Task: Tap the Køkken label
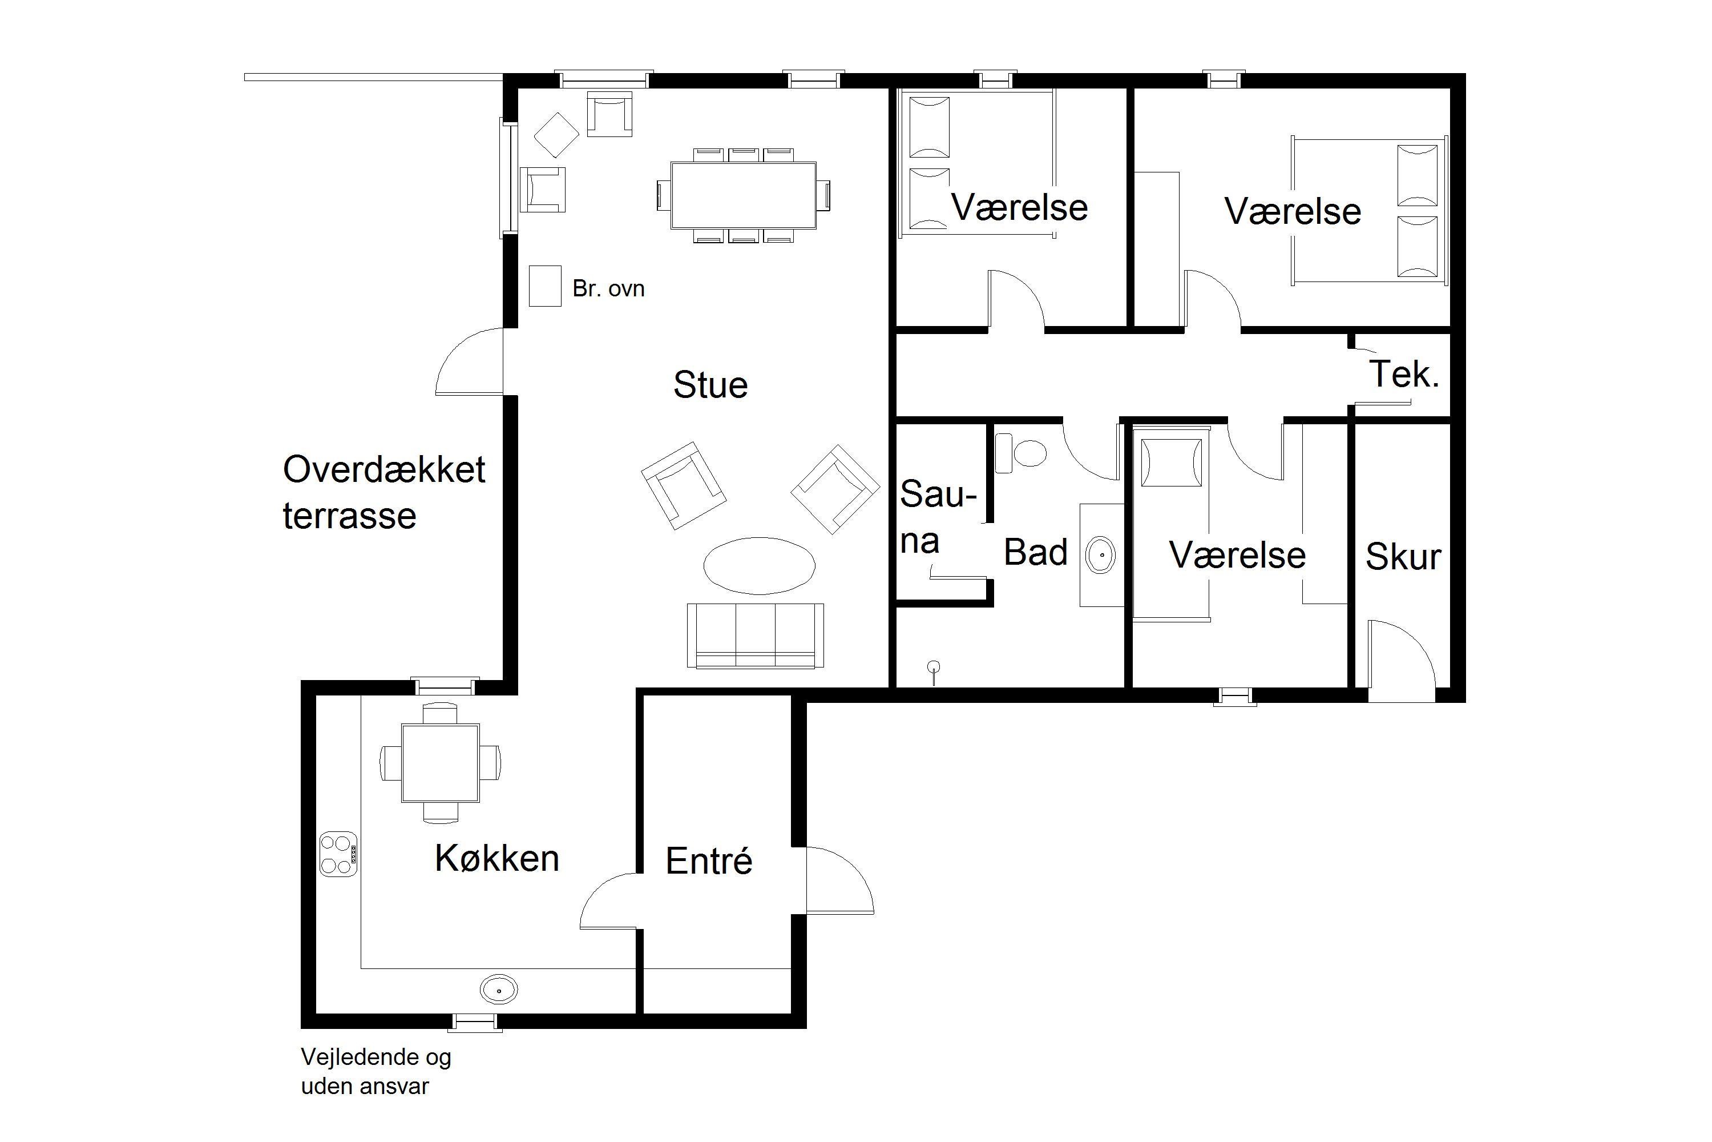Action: (x=497, y=858)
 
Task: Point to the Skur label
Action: (x=1403, y=557)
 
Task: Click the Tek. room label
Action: (x=1404, y=375)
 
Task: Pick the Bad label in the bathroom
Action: (x=1035, y=552)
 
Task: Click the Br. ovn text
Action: (x=608, y=288)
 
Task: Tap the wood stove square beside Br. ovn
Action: (x=544, y=285)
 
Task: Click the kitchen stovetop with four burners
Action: (x=338, y=854)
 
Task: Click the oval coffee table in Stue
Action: (x=759, y=565)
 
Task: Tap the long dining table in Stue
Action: (x=743, y=195)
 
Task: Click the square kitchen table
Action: (x=441, y=762)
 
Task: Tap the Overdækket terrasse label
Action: (x=383, y=492)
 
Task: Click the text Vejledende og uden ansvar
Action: (x=376, y=1071)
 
